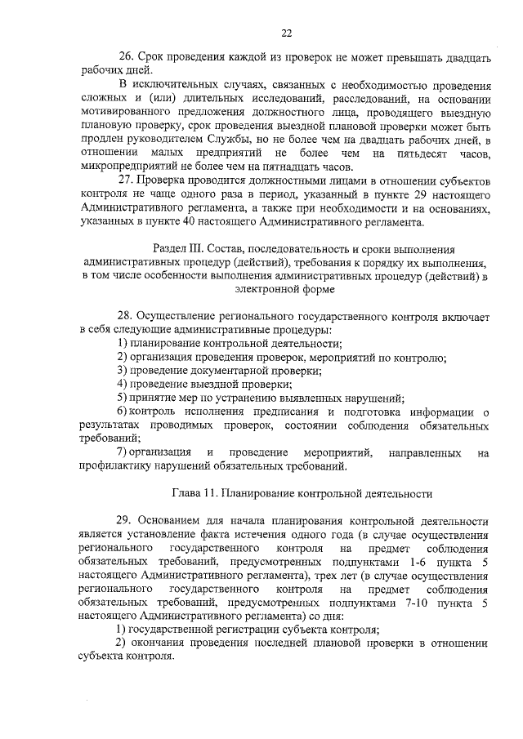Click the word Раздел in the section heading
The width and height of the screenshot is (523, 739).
172,248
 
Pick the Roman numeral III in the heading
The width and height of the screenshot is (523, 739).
203,248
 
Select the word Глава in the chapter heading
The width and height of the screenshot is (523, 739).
189,493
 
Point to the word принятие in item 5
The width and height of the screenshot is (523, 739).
155,398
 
